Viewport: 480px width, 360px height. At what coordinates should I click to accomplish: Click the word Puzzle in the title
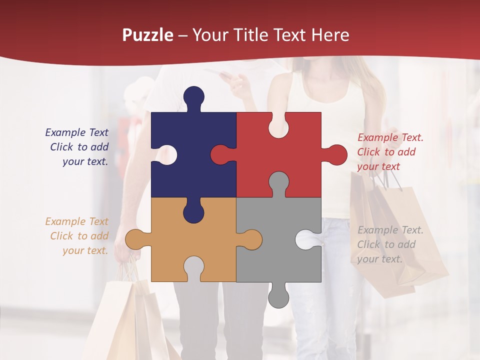[x=148, y=35]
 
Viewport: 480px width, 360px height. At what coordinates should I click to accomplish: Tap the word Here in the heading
[x=329, y=35]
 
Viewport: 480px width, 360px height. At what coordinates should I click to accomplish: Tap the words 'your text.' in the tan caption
[x=85, y=250]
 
